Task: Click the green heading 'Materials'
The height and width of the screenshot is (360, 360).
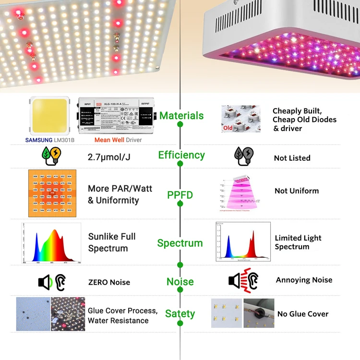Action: [x=181, y=116]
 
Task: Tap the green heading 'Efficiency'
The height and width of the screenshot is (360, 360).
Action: [x=181, y=155]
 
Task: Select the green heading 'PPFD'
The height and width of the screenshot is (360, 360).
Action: [x=180, y=195]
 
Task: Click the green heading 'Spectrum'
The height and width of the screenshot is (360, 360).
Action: [x=180, y=243]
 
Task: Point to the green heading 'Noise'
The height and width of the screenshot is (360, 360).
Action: [x=180, y=282]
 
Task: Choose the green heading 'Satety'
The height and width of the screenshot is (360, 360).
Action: [x=180, y=314]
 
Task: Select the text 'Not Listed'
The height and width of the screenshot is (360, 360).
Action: [x=292, y=158]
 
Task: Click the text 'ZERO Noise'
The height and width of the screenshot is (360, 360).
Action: [x=109, y=282]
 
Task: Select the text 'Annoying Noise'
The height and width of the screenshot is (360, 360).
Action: [x=304, y=280]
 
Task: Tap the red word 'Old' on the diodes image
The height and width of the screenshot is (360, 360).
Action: [x=228, y=128]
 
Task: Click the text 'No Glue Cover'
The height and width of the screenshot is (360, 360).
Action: [x=303, y=314]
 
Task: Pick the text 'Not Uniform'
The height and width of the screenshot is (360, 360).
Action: [x=297, y=191]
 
